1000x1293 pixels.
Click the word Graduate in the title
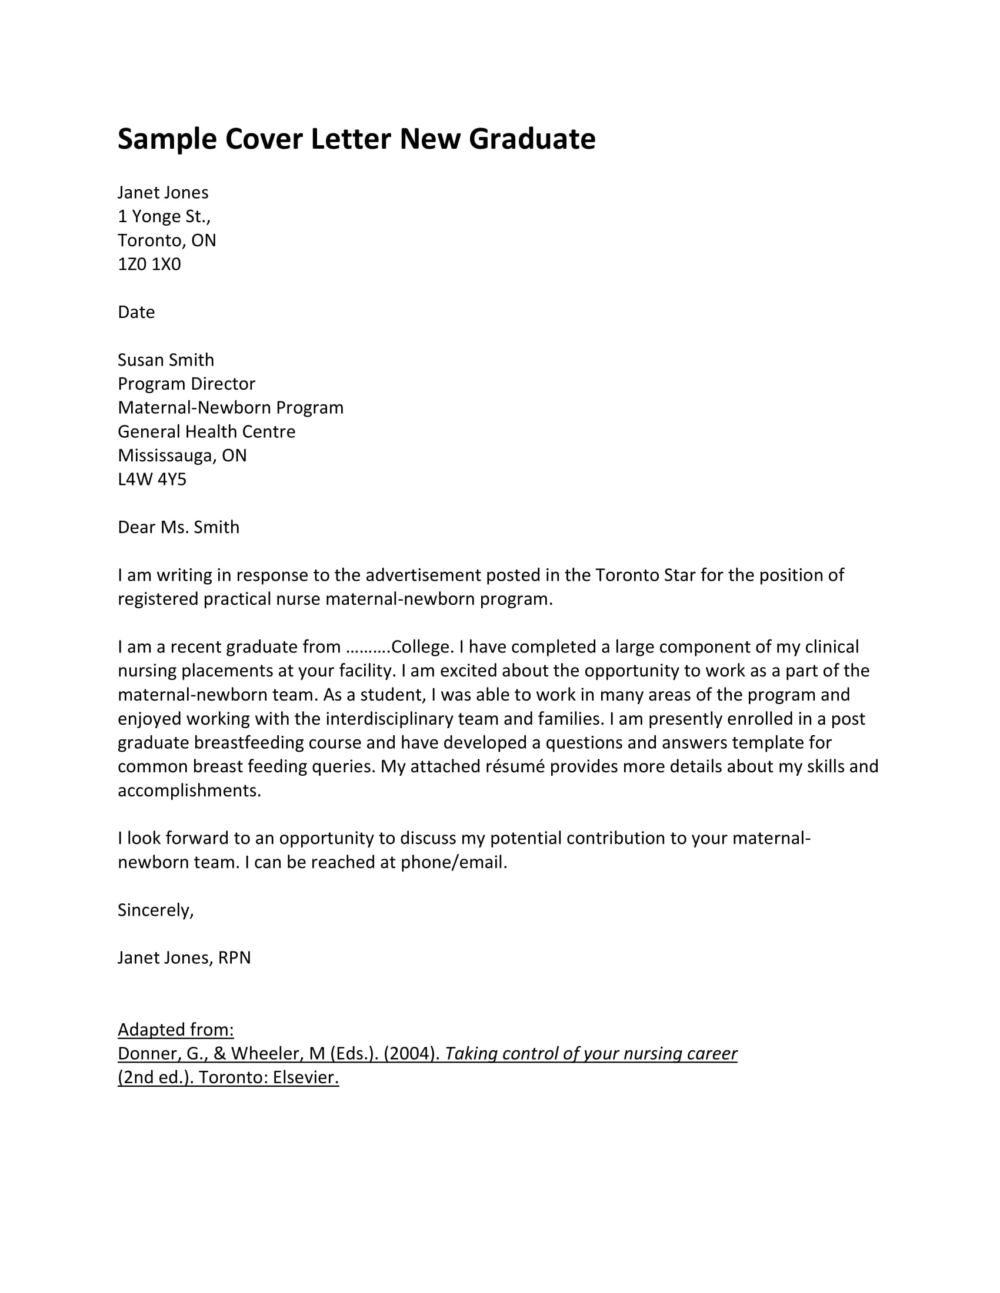(531, 140)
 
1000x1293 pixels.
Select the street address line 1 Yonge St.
(164, 217)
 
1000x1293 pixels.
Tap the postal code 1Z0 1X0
(149, 264)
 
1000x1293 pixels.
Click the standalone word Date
(136, 312)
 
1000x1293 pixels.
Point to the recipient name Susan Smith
(165, 360)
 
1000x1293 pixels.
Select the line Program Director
(186, 384)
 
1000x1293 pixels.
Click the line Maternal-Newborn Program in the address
(230, 407)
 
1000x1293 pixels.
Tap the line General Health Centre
(205, 431)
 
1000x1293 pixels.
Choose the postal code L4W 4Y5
(152, 479)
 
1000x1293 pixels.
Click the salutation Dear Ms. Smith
(178, 527)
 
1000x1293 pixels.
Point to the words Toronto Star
(645, 575)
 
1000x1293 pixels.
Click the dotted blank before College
(368, 647)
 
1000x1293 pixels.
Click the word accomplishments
(188, 791)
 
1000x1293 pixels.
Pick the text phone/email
(453, 863)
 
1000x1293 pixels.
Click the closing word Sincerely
(155, 910)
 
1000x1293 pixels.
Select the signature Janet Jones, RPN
(184, 958)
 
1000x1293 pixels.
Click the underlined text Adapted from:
(175, 1030)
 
